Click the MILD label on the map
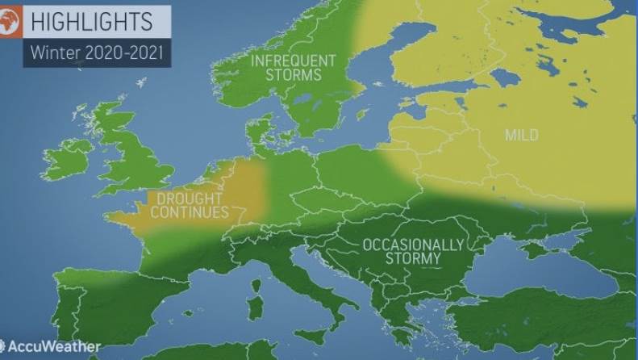[x=521, y=135]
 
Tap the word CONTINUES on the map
[x=190, y=212]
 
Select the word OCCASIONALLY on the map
[x=413, y=245]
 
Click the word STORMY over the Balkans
[x=413, y=258]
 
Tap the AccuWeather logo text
[x=53, y=346]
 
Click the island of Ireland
[x=69, y=157]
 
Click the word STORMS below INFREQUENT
[x=295, y=75]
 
